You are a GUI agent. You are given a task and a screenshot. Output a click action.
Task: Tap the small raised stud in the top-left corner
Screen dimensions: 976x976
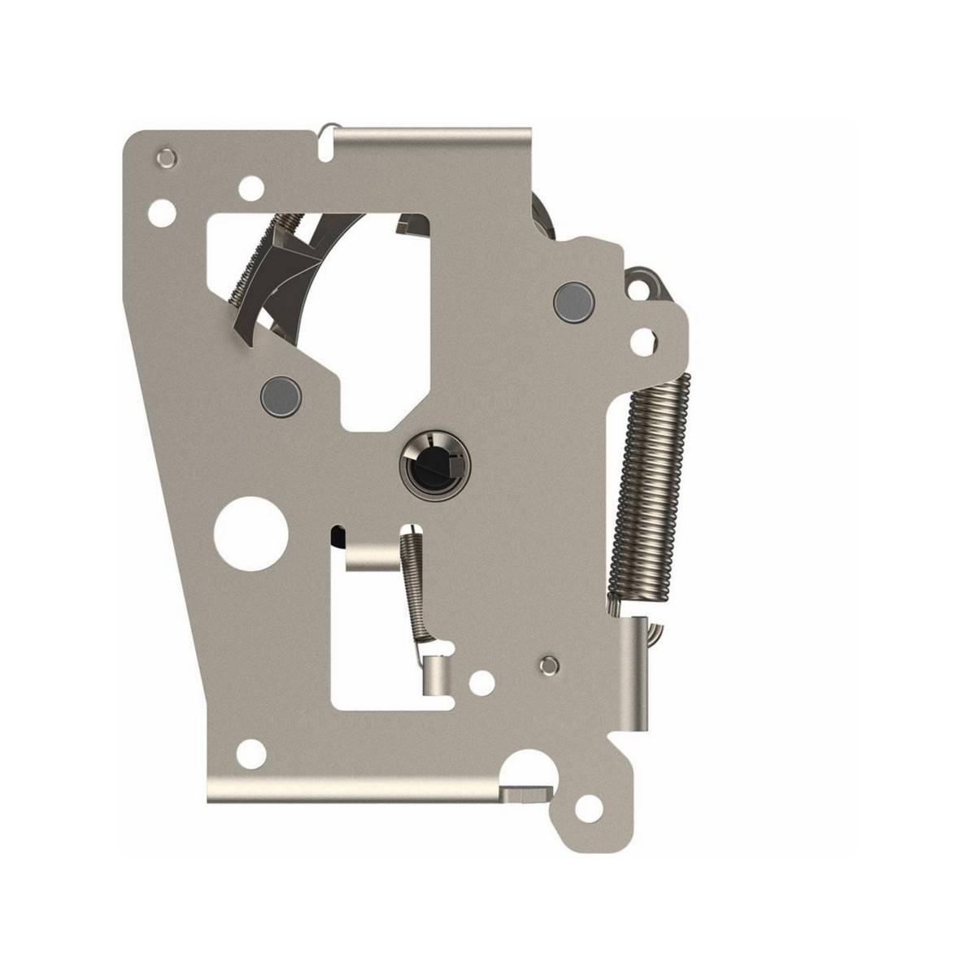[x=168, y=155]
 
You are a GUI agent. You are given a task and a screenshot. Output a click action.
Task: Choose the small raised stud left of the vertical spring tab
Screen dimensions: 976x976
[x=550, y=664]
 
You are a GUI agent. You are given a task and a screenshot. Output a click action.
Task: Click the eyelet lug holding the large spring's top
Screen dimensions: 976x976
[x=648, y=285]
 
